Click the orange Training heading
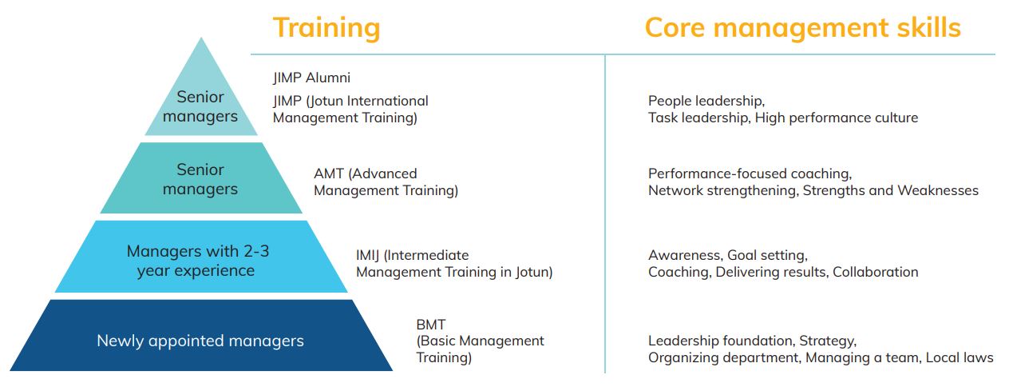click(x=326, y=29)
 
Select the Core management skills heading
click(x=803, y=28)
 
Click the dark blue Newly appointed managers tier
click(x=201, y=336)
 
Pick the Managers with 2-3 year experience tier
click(x=201, y=257)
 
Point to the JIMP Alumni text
click(x=311, y=78)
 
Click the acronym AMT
click(x=329, y=174)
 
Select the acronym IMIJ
click(x=367, y=256)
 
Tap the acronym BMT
click(x=431, y=325)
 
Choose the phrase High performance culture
click(x=837, y=118)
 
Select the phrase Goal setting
click(x=768, y=256)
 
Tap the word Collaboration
click(x=875, y=273)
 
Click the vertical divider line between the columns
click(x=605, y=213)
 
